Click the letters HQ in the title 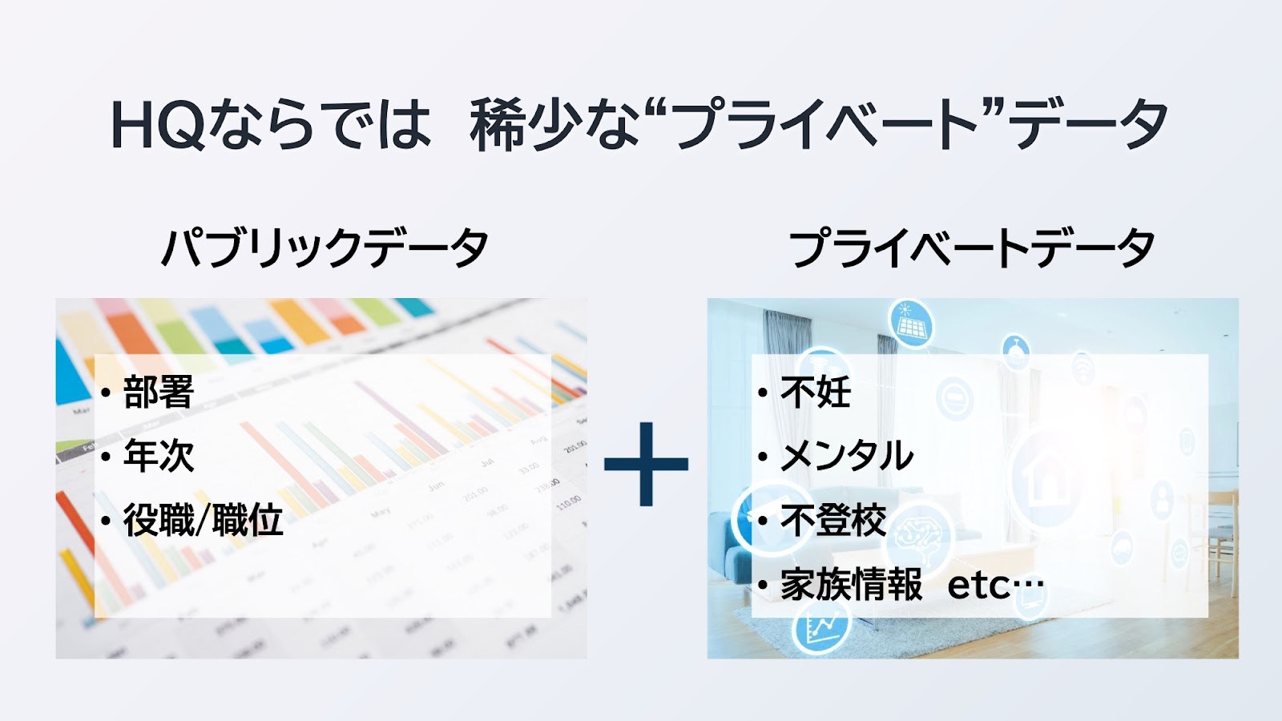(x=157, y=125)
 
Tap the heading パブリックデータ (x=325, y=248)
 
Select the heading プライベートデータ (x=971, y=248)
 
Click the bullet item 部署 (x=159, y=392)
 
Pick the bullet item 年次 (x=159, y=456)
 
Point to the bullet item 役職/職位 (x=204, y=520)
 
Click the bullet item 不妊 (x=816, y=392)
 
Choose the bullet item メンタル (x=846, y=456)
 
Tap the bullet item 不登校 (x=833, y=520)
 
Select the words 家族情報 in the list (x=851, y=584)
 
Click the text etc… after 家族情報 (x=996, y=586)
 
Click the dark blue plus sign (x=646, y=464)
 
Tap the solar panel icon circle (x=909, y=323)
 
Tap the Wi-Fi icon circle (x=1082, y=368)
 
